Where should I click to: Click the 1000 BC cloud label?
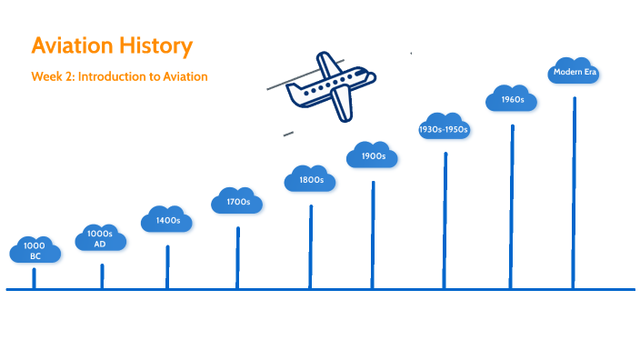click(35, 251)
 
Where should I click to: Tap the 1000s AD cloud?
click(100, 238)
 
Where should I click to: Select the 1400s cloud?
click(166, 220)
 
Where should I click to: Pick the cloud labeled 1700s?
click(237, 201)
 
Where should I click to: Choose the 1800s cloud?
click(310, 179)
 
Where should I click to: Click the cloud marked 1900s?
click(373, 156)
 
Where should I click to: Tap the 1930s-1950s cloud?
click(444, 129)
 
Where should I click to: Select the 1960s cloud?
click(512, 99)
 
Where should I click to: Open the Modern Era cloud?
click(575, 72)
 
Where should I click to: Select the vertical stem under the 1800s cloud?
click(310, 246)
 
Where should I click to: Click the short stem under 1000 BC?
click(35, 278)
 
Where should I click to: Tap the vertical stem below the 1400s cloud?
click(167, 267)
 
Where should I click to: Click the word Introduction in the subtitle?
click(115, 77)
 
